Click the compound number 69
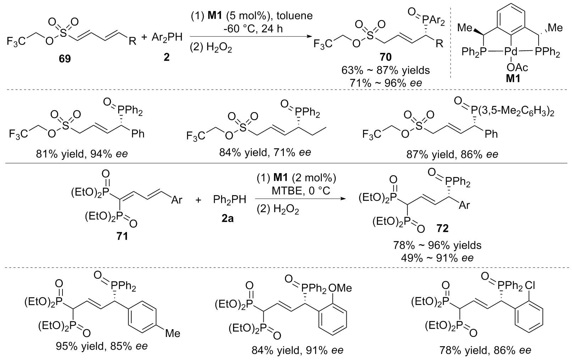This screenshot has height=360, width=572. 65,59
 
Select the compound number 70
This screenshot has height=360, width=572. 385,57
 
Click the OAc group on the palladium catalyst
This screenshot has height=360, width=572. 517,68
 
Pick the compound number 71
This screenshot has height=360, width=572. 122,236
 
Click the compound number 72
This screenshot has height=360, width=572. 442,228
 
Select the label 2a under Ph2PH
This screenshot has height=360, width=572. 227,218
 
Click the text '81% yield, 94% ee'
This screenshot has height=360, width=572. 82,155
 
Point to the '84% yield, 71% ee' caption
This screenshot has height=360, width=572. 265,153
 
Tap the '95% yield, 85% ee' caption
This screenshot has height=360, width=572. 102,346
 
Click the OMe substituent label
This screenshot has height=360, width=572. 340,288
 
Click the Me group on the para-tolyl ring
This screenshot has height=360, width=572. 172,333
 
